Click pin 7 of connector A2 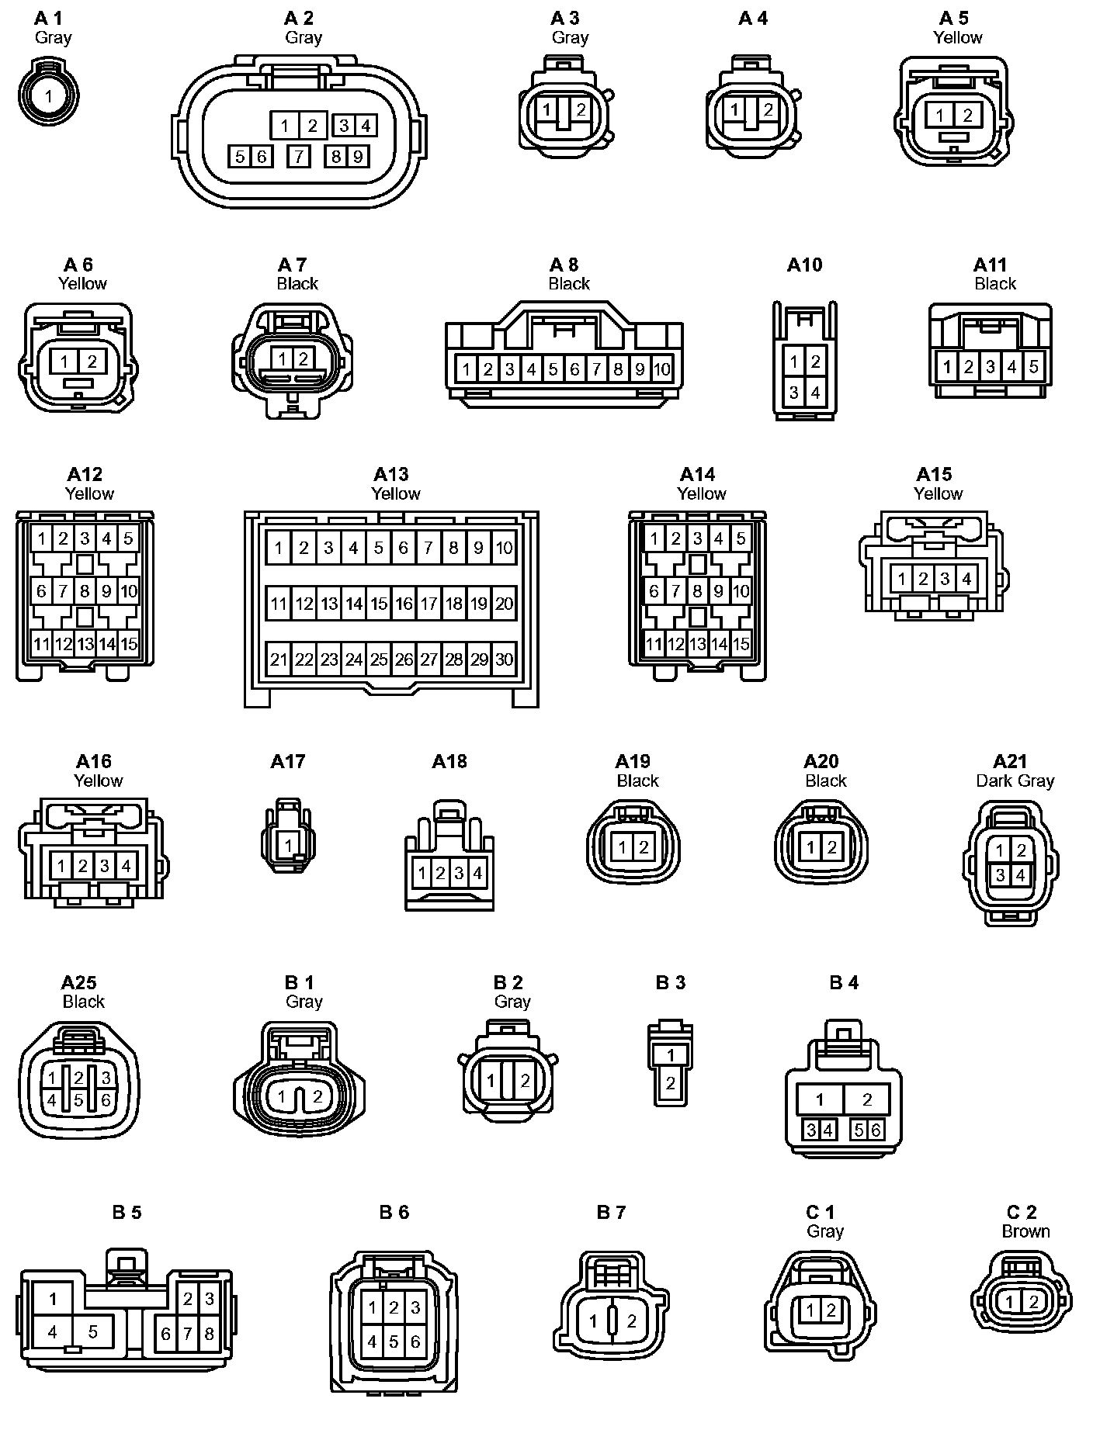tap(299, 157)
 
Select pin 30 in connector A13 tap(504, 659)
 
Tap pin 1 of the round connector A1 tap(49, 97)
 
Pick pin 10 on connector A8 tap(661, 369)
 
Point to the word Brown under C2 tap(1025, 1231)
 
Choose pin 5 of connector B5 tap(92, 1332)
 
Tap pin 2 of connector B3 tap(671, 1083)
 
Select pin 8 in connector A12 tap(85, 591)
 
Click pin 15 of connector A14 tap(741, 644)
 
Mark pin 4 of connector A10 tap(815, 393)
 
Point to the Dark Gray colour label tap(1015, 781)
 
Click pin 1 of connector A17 tap(289, 845)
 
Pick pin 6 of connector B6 tap(415, 1341)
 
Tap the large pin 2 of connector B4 tap(867, 1099)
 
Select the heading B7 tap(611, 1212)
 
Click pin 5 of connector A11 tap(1033, 366)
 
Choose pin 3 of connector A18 tap(459, 874)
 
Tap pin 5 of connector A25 tap(78, 1100)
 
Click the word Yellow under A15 tap(938, 493)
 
